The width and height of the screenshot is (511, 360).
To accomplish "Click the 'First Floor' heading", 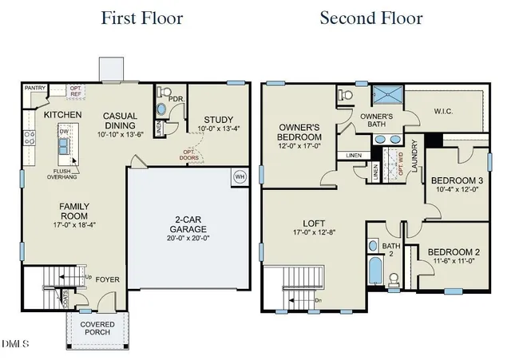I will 142,18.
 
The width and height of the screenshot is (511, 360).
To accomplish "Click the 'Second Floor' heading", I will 371,18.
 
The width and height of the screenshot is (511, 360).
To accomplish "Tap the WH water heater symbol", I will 239,177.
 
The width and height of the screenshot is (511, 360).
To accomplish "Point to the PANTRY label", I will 34,87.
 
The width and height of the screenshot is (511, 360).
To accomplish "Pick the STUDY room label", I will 218,120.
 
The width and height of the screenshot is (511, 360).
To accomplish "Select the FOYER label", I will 108,280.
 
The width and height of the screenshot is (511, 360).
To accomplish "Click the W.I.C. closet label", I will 444,112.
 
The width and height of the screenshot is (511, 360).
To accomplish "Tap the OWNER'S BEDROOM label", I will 299,133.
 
